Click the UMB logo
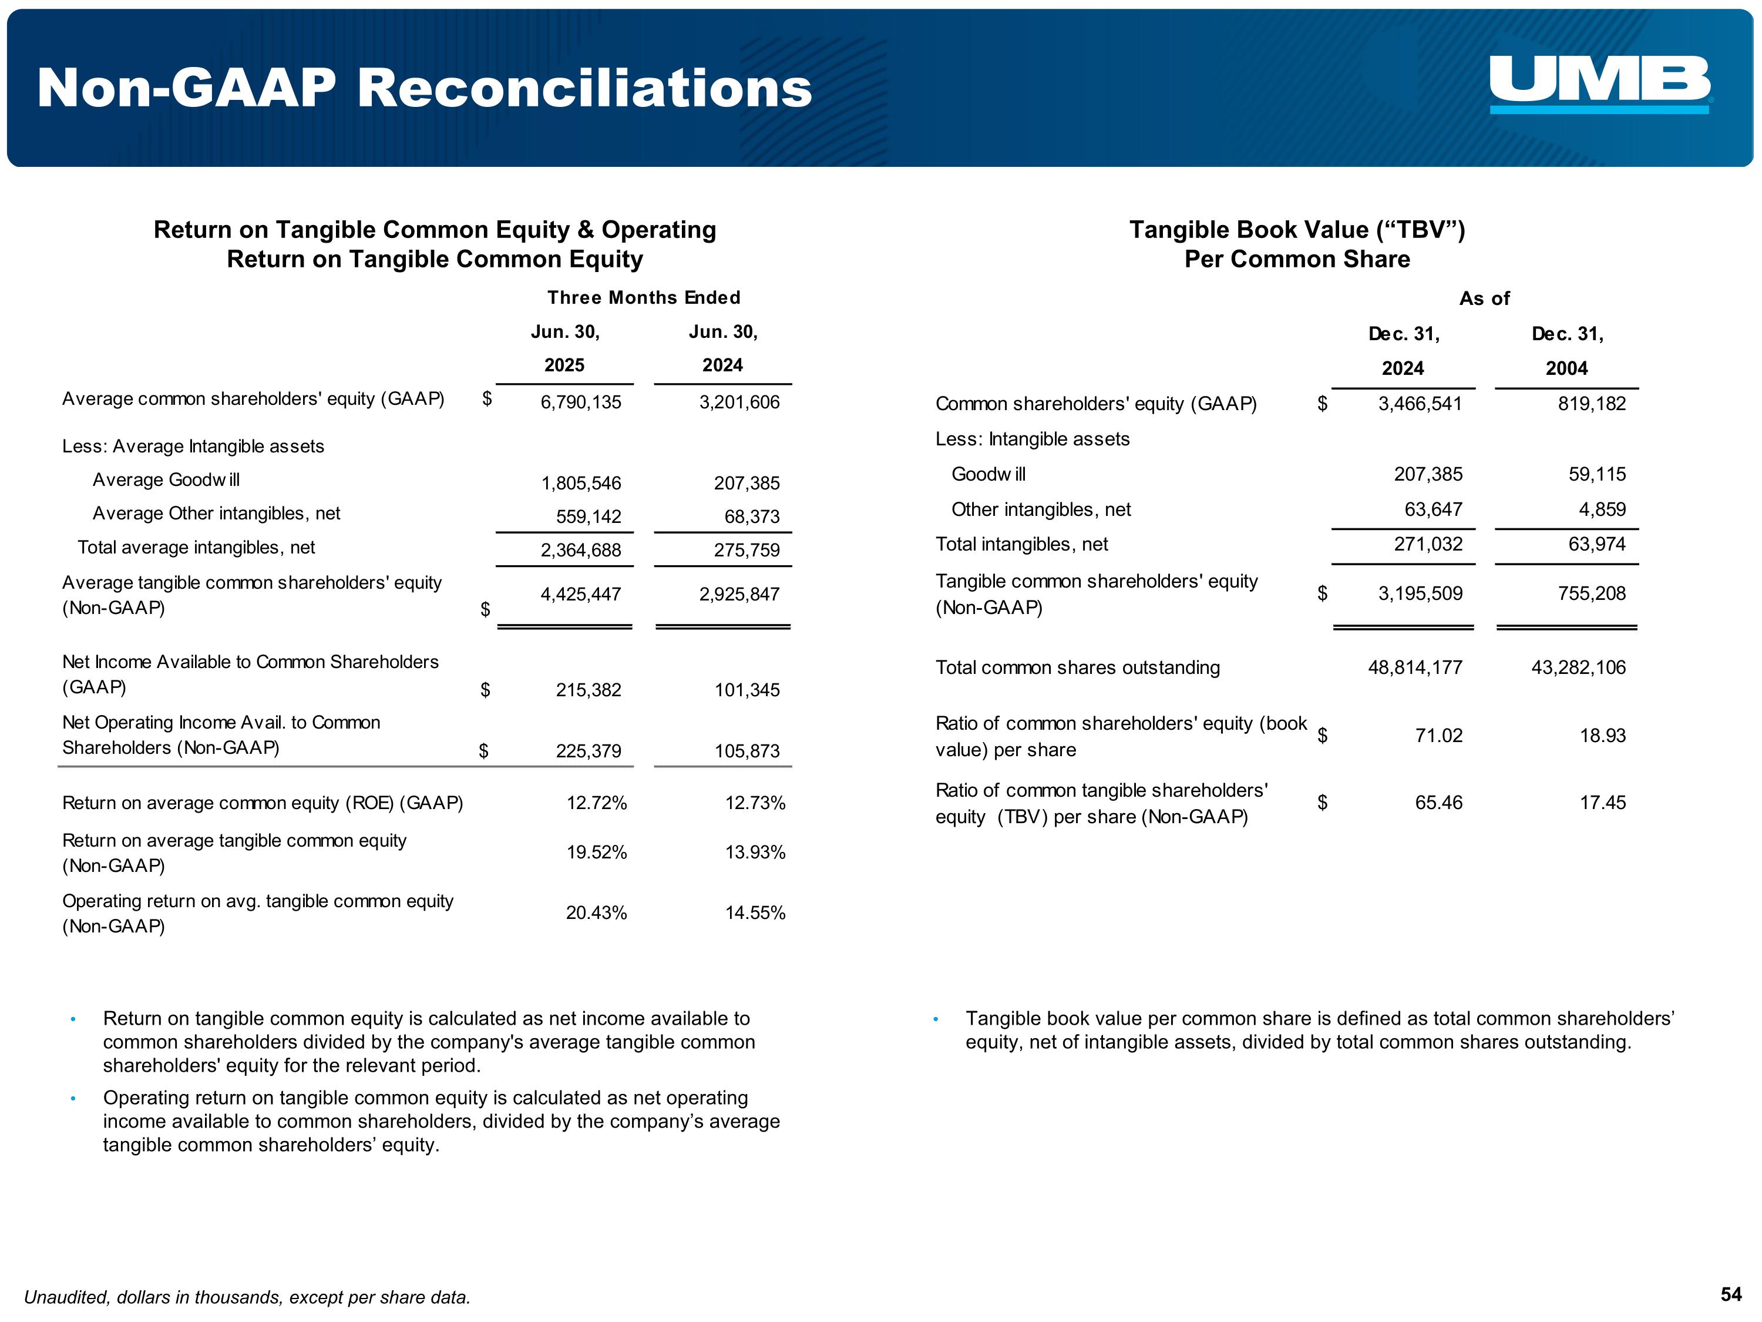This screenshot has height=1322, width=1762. (1599, 83)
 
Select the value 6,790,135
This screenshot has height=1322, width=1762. (581, 402)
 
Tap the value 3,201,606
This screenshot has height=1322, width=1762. (739, 402)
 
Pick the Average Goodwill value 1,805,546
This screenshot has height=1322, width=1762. (581, 484)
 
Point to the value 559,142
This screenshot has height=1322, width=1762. (588, 517)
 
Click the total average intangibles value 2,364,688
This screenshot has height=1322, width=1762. (581, 551)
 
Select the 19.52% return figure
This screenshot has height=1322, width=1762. (597, 853)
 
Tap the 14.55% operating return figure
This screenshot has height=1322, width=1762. (755, 913)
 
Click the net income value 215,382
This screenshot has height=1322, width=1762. (588, 691)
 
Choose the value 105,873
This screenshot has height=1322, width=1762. (747, 751)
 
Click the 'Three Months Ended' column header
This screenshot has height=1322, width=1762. (644, 298)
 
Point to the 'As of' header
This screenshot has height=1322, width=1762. (1484, 299)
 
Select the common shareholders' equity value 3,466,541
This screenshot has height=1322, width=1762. (1420, 404)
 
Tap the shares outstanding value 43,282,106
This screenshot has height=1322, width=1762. (1578, 668)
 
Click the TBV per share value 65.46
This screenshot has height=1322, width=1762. (1438, 803)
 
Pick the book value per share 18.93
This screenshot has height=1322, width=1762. (1603, 736)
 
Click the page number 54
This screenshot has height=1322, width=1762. (1731, 1294)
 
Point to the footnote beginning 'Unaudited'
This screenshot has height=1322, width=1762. (247, 1297)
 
